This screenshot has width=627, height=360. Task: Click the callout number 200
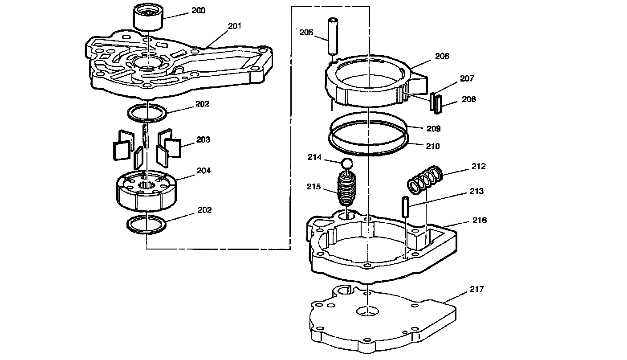[198, 11]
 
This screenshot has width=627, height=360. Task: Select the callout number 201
[234, 26]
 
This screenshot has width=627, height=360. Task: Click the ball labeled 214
[347, 164]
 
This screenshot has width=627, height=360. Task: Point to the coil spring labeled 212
[425, 179]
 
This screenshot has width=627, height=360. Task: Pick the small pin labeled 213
[405, 207]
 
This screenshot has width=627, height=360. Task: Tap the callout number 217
[476, 289]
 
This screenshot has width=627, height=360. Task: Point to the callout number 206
[442, 56]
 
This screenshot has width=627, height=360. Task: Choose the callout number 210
[432, 146]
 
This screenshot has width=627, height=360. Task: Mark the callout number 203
[203, 140]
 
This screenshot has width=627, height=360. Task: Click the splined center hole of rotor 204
[146, 184]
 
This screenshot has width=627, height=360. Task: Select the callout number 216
[479, 221]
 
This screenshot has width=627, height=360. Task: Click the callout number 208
[468, 99]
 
